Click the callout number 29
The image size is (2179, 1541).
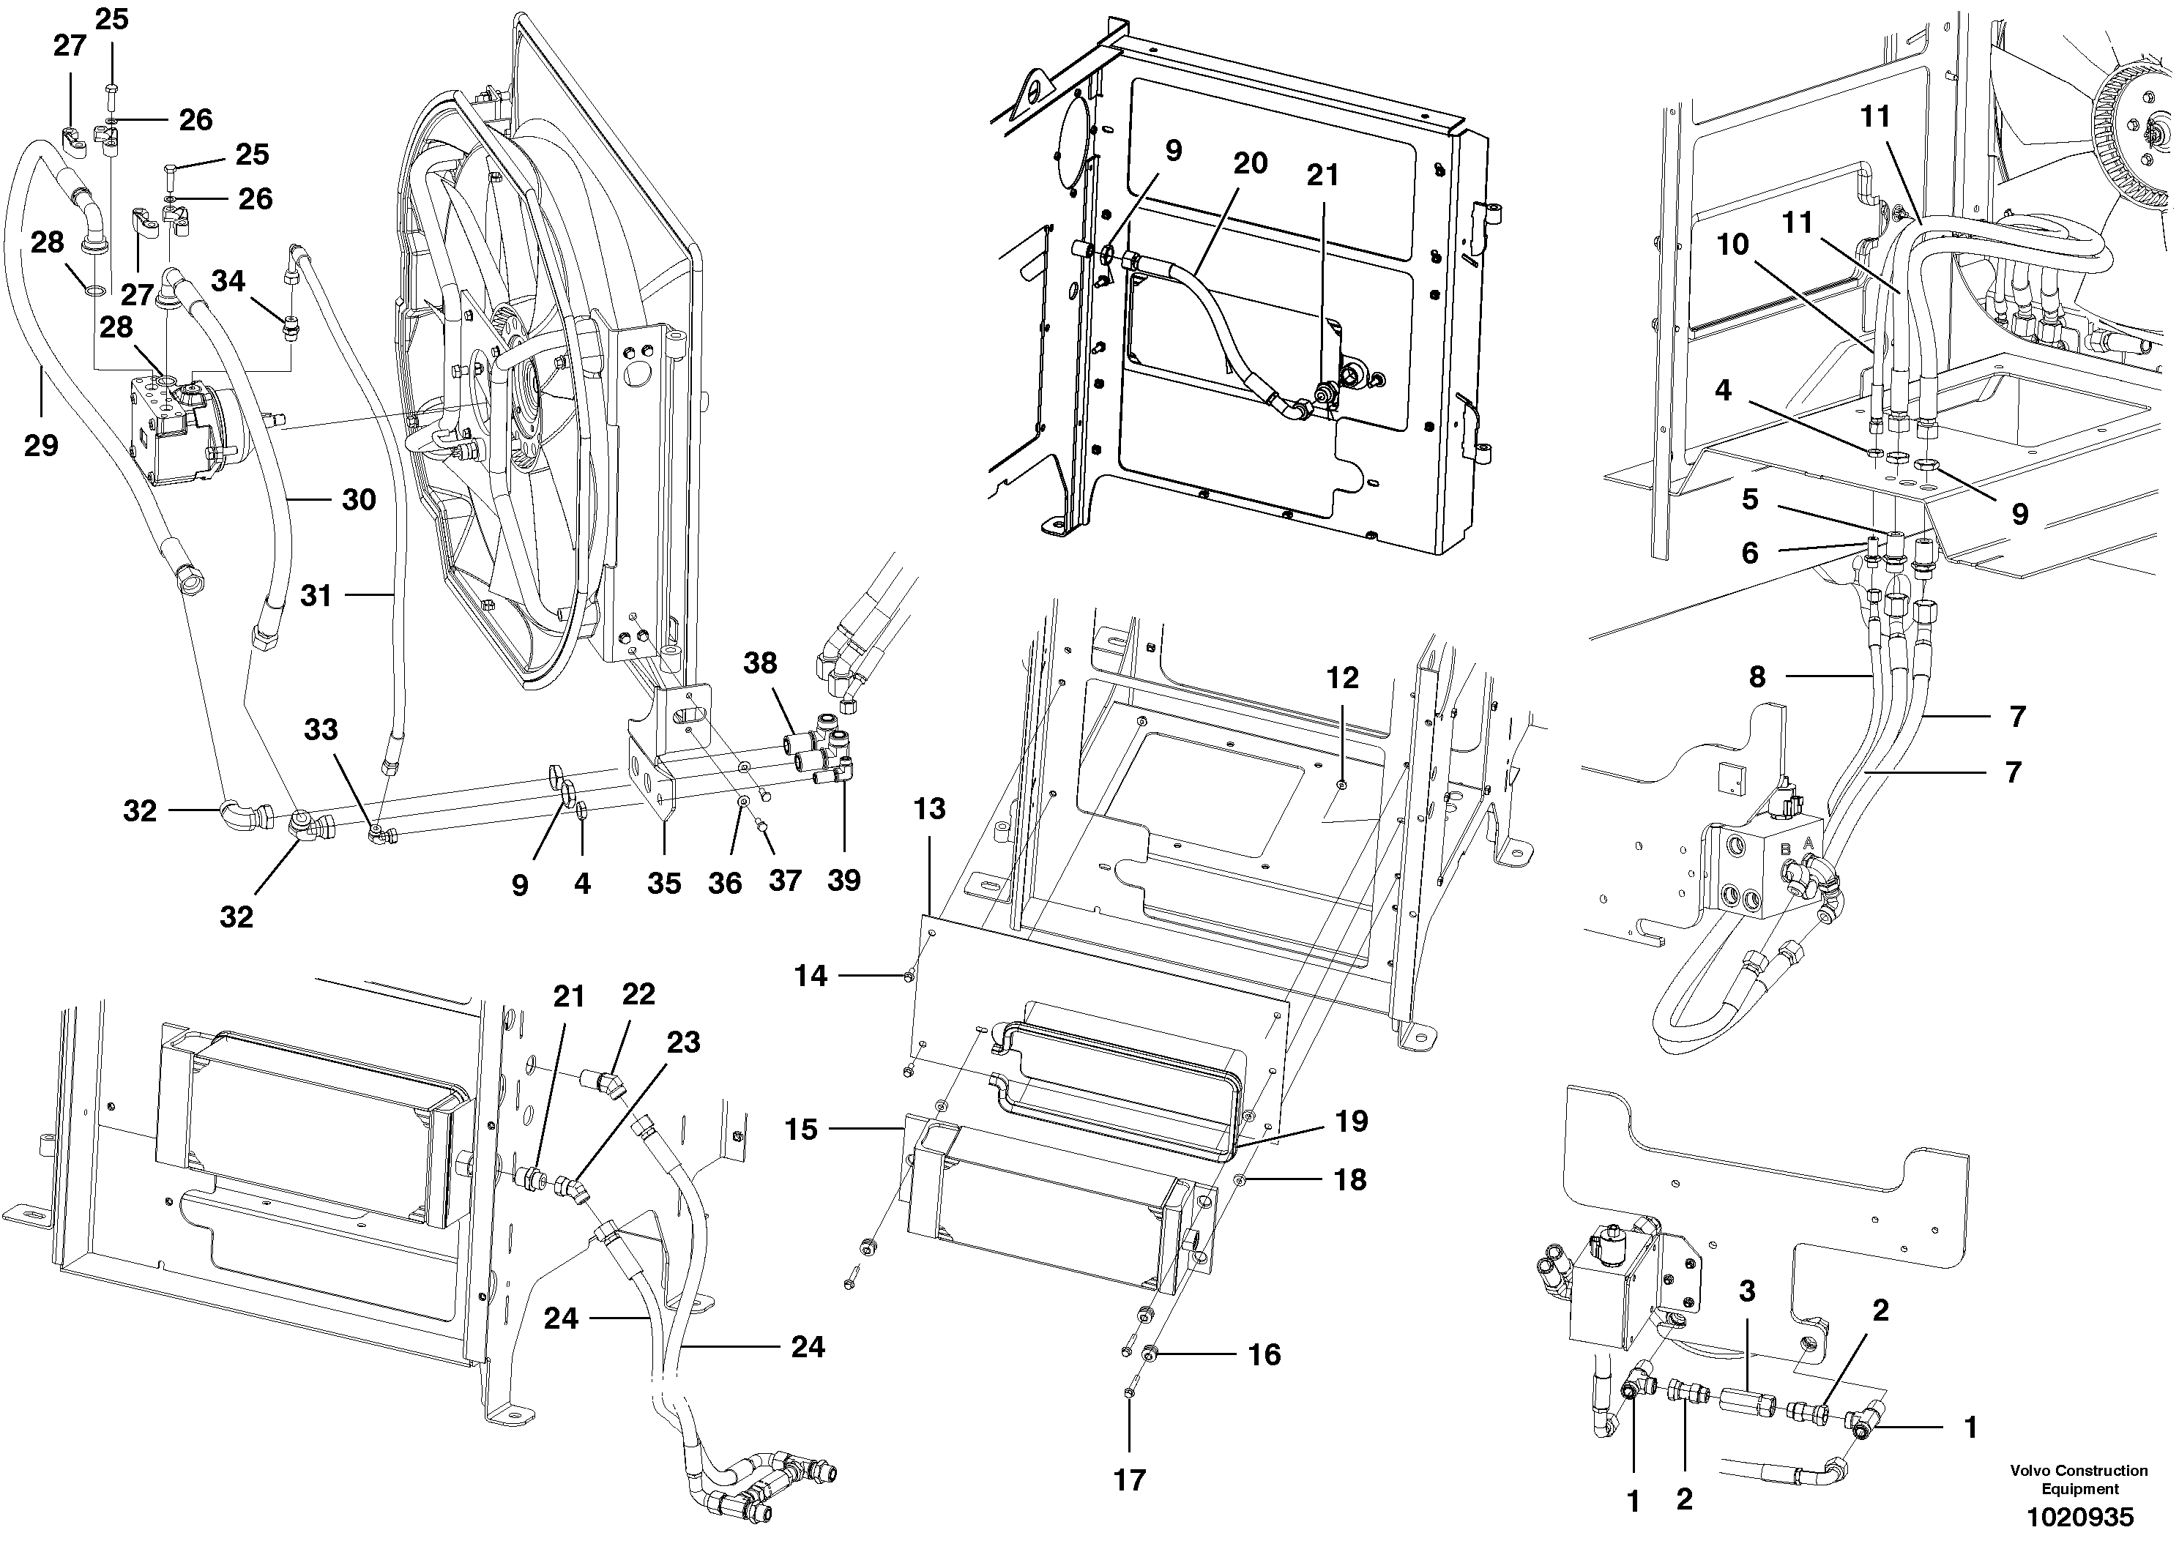tap(41, 444)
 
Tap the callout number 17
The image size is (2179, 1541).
tap(1129, 1480)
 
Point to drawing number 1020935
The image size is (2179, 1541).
tap(2079, 1516)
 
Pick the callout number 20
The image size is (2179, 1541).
tap(1250, 163)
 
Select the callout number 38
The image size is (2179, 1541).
tap(760, 663)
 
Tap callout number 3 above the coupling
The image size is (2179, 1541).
tap(1746, 1291)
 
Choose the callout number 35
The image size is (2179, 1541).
tap(663, 884)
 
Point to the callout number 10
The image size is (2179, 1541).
tap(1732, 245)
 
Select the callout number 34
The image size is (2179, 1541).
tap(228, 281)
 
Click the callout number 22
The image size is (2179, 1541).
tap(638, 993)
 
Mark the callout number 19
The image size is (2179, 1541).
tap(1352, 1121)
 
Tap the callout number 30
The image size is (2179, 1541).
tap(359, 499)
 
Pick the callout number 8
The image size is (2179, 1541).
tap(1757, 676)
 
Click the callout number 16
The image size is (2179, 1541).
tap(1264, 1354)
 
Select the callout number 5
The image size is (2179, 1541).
tap(1750, 499)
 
